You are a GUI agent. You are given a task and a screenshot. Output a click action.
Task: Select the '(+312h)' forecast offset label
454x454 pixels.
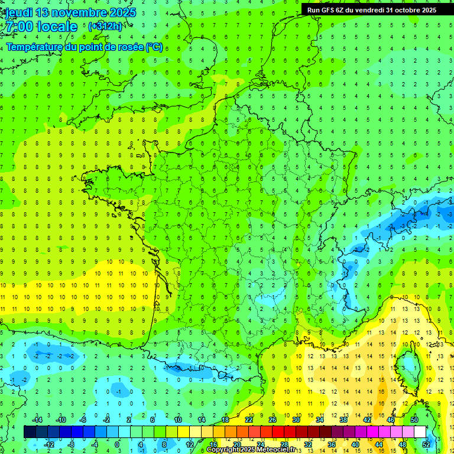[105, 27]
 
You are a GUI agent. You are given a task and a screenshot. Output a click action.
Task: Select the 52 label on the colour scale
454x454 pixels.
[426, 444]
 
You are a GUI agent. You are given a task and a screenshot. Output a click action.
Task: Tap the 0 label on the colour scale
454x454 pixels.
[117, 444]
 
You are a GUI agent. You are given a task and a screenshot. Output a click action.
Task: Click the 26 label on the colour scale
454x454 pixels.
[273, 419]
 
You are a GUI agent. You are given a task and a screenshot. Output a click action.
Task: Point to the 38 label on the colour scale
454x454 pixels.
[343, 419]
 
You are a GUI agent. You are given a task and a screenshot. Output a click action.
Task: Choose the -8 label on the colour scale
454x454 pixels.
[72, 444]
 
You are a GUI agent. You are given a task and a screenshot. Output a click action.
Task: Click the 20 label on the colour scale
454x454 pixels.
[236, 444]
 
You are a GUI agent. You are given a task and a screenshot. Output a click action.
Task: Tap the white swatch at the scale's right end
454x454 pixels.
[420, 432]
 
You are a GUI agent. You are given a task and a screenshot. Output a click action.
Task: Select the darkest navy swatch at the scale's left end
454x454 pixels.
[30, 432]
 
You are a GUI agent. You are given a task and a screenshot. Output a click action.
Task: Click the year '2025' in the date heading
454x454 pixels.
[122, 12]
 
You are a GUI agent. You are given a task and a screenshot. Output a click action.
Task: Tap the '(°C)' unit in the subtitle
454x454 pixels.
[154, 47]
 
